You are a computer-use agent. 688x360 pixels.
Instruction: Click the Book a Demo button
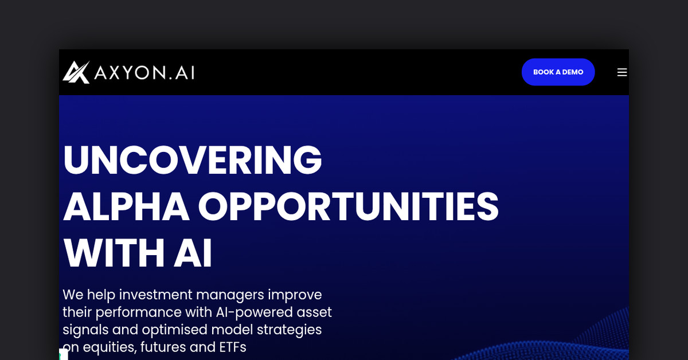pos(558,72)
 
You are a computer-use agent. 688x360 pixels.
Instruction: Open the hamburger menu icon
pos(622,72)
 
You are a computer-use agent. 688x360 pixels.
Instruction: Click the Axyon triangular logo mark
pos(76,72)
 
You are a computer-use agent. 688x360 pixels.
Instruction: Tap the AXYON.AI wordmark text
pos(144,73)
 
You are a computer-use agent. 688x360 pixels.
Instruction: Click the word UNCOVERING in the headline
pos(192,160)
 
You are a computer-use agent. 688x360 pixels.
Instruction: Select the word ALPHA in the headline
pos(126,206)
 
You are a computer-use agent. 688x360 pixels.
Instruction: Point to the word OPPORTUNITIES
pos(349,206)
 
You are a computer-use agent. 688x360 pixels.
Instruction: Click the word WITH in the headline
pos(114,253)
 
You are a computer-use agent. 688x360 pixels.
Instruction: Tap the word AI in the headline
pos(193,253)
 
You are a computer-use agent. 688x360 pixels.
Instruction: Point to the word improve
pos(295,295)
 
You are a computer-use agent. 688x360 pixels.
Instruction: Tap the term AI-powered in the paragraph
pos(254,312)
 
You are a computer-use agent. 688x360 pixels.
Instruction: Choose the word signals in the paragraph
pos(85,330)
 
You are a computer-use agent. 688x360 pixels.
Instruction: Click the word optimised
pos(175,330)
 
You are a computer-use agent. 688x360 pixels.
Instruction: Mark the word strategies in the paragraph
pos(289,330)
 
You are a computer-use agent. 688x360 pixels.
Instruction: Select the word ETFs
pos(233,347)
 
